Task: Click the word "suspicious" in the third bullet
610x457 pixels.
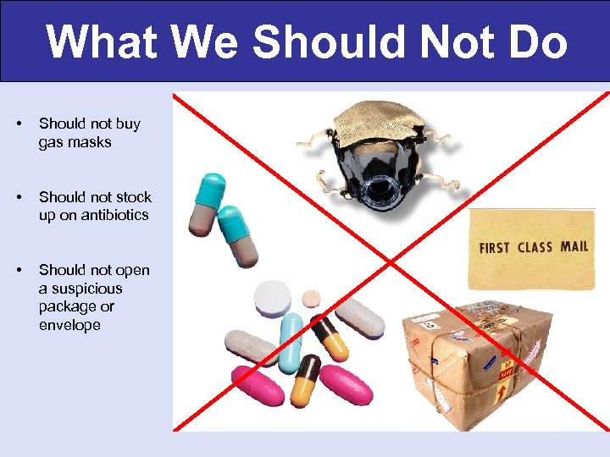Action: [80, 289]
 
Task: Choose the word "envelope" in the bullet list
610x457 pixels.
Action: [69, 325]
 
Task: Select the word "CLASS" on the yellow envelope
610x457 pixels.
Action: [534, 247]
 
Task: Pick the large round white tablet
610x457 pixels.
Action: [273, 298]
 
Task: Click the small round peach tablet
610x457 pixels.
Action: [312, 298]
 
